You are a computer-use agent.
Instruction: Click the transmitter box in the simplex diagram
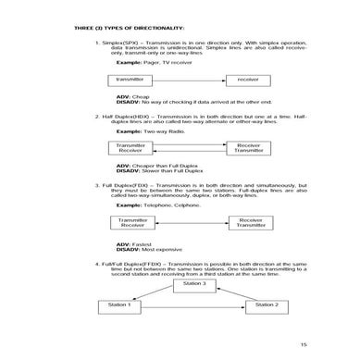tap(134, 81)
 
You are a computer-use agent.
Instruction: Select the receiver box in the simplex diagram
tap(247, 81)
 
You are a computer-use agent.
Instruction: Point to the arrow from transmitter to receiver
tap(191, 81)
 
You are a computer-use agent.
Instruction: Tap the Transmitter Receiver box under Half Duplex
tap(132, 148)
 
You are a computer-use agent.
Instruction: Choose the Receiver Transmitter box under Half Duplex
tap(247, 148)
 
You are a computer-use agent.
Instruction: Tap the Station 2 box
tap(266, 304)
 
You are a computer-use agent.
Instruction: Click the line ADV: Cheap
tap(132, 95)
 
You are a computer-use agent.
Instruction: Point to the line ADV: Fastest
tap(134, 243)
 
